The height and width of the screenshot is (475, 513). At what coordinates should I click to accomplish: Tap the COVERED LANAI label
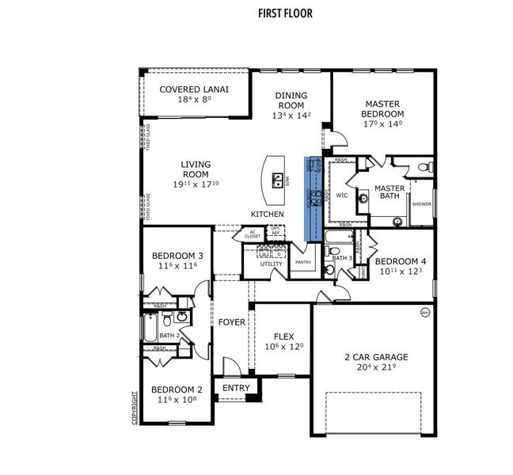pyautogui.click(x=194, y=89)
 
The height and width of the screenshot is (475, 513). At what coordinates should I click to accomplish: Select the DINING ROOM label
pyautogui.click(x=291, y=101)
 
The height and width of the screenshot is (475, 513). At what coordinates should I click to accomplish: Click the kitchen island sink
pyautogui.click(x=278, y=182)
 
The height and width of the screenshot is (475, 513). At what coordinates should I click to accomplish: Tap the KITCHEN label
pyautogui.click(x=267, y=215)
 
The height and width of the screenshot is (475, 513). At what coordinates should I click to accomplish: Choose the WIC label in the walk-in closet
pyautogui.click(x=342, y=194)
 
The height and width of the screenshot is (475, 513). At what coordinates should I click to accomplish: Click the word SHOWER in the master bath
pyautogui.click(x=421, y=203)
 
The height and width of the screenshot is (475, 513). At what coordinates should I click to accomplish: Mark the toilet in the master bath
pyautogui.click(x=426, y=167)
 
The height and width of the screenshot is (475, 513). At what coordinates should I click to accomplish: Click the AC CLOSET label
pyautogui.click(x=253, y=234)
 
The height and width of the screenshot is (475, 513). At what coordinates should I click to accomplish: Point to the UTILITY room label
pyautogui.click(x=272, y=264)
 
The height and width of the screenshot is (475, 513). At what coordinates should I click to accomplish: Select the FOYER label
pyautogui.click(x=232, y=322)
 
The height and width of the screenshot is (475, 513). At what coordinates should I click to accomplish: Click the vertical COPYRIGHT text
pyautogui.click(x=135, y=407)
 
